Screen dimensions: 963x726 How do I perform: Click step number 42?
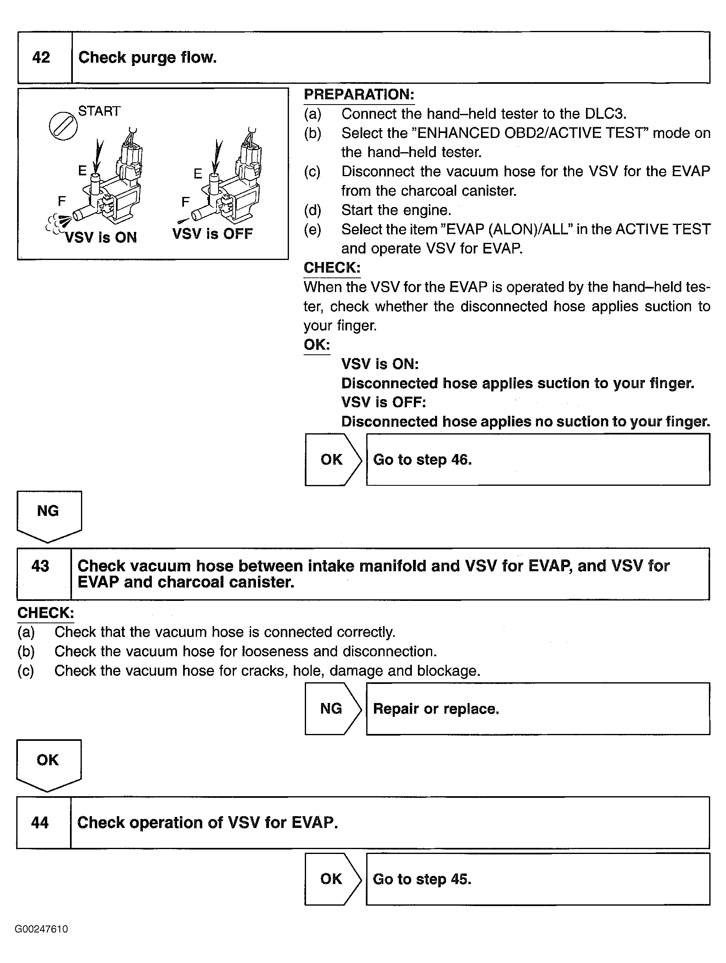click(x=42, y=57)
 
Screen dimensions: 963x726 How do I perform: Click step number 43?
click(x=41, y=566)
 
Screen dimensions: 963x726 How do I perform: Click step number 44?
click(x=40, y=822)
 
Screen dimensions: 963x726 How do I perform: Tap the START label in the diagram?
click(x=99, y=111)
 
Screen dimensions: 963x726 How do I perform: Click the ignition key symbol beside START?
click(x=63, y=127)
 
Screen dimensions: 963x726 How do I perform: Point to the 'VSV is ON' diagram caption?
click(x=101, y=237)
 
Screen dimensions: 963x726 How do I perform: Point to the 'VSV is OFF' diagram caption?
click(x=212, y=234)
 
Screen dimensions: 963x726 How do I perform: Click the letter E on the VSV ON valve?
click(x=82, y=170)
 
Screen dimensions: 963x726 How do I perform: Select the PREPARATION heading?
click(x=359, y=94)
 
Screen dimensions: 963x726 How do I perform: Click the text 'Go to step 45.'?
click(x=422, y=879)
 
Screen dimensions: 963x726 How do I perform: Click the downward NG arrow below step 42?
click(x=48, y=514)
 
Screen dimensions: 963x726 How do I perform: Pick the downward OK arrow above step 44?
click(x=48, y=763)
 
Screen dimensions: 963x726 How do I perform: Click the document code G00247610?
click(x=42, y=930)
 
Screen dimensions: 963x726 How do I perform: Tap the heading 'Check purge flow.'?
click(x=147, y=57)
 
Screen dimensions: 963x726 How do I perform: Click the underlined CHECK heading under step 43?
click(x=45, y=613)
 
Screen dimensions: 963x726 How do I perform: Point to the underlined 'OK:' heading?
click(x=317, y=345)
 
